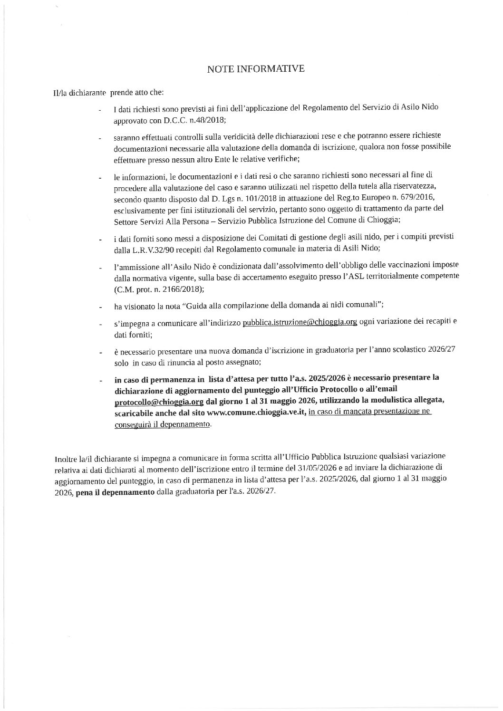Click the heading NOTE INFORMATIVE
pyautogui.click(x=256, y=69)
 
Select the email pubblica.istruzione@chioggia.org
pyautogui.click(x=300, y=322)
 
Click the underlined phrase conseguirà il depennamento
pyautogui.click(x=162, y=424)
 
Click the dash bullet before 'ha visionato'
pyautogui.click(x=100, y=307)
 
